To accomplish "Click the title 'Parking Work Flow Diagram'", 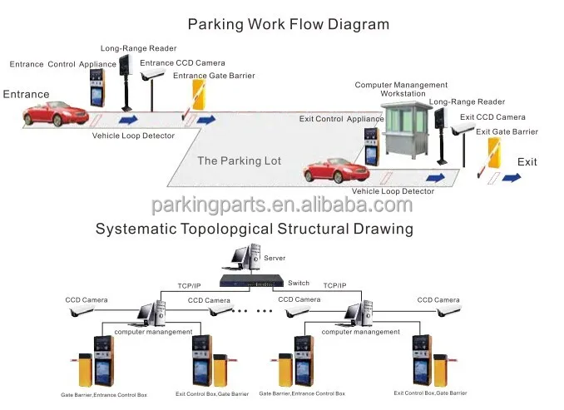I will [288, 23].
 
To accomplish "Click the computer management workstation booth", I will [403, 136].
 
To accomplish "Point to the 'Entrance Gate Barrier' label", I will [214, 76].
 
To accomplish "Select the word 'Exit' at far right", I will [527, 161].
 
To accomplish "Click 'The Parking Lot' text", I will [239, 161].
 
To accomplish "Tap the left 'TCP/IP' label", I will [189, 285].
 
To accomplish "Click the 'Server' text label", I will [275, 259].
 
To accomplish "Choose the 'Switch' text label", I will [297, 284].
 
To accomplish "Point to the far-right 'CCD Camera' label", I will [438, 299].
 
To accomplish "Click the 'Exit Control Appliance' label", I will [340, 119].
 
